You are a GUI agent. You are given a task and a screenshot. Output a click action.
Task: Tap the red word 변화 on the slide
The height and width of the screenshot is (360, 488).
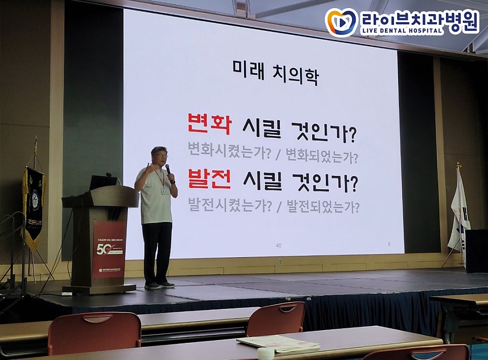[209, 124]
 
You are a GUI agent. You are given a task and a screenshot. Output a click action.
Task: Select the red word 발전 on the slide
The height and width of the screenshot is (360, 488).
[209, 179]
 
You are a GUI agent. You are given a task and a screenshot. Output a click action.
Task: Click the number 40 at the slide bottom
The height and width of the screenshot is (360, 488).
[278, 245]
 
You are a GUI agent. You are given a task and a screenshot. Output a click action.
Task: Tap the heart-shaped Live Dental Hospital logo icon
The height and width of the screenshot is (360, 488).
[341, 22]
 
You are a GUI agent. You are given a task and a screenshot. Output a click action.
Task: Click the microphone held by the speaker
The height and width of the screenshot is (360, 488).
[168, 169]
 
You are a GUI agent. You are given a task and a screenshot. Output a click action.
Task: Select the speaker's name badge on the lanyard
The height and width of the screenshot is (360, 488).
[165, 191]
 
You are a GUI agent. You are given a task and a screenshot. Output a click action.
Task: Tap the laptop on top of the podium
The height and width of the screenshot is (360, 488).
[103, 183]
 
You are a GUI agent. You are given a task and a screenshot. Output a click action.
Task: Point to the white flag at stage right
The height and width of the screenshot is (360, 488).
[459, 212]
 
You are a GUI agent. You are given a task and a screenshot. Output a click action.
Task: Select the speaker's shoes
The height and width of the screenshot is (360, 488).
[159, 285]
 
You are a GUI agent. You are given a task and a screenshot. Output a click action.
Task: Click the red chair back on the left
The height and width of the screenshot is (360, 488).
[94, 332]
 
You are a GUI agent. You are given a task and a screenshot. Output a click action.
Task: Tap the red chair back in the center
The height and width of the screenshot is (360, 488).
[276, 319]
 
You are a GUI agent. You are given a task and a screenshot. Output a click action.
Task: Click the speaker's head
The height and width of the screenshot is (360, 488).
[160, 155]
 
